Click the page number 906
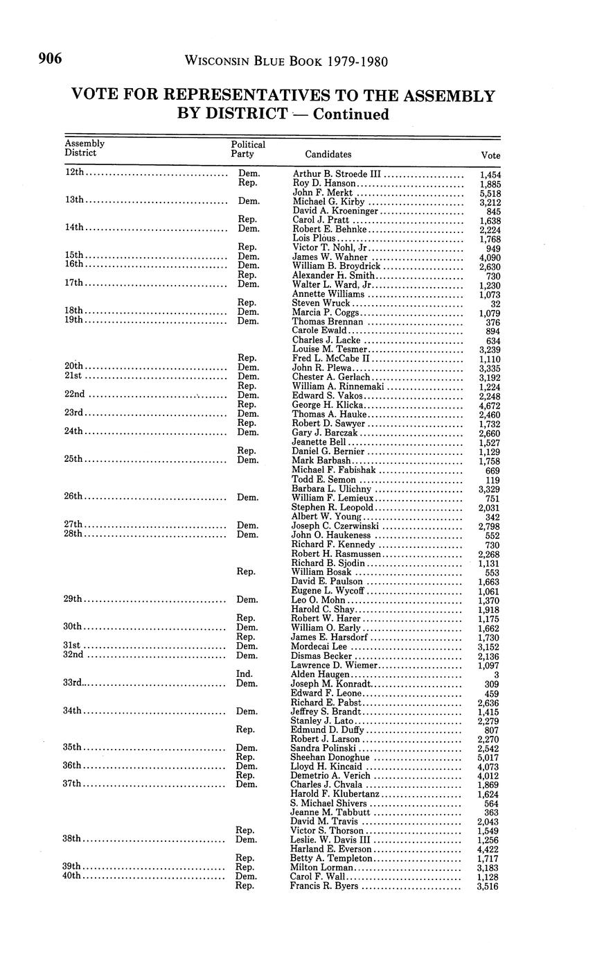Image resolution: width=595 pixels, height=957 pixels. pyautogui.click(x=51, y=60)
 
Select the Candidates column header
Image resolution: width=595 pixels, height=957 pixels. pyautogui.click(x=328, y=155)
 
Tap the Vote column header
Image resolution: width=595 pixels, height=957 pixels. pyautogui.click(x=490, y=155)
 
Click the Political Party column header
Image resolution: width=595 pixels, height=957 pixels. pyautogui.click(x=248, y=149)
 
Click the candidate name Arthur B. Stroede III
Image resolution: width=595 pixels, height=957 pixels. pyautogui.click(x=337, y=173)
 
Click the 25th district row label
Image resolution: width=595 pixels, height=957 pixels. pyautogui.click(x=74, y=459)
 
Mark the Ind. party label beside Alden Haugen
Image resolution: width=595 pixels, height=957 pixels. pyautogui.click(x=245, y=673)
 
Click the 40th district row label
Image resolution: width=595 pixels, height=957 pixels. pyautogui.click(x=73, y=876)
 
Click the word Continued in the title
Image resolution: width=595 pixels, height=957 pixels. pyautogui.click(x=351, y=114)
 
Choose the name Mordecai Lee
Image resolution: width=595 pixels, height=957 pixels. pyautogui.click(x=319, y=646)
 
